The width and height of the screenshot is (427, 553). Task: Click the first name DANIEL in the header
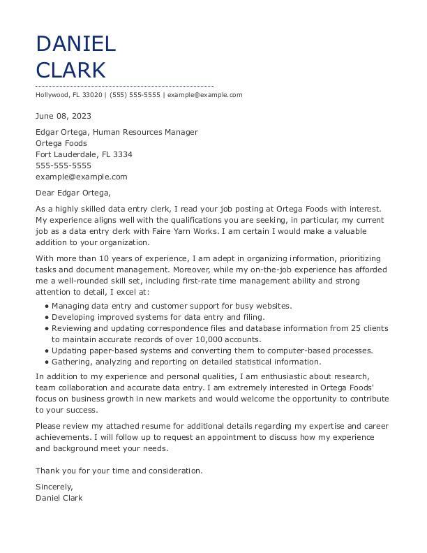(x=75, y=44)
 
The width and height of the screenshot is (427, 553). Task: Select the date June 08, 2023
(x=63, y=116)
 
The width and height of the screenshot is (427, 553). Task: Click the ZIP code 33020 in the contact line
(x=93, y=95)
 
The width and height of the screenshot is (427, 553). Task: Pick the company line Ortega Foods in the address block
(x=61, y=143)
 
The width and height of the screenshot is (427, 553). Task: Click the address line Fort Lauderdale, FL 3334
(x=84, y=154)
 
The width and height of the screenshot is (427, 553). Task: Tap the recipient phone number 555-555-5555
(x=63, y=165)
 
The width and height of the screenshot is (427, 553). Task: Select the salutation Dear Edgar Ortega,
(x=73, y=193)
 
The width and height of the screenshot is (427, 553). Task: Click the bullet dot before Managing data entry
(x=47, y=306)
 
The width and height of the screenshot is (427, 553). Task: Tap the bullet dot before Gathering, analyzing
(x=47, y=362)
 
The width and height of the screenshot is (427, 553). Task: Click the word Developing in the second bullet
(x=73, y=317)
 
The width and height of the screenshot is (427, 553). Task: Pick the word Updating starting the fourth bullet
(x=69, y=351)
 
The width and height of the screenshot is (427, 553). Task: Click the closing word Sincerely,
(x=54, y=487)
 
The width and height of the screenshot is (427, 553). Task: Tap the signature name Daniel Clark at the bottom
(x=59, y=498)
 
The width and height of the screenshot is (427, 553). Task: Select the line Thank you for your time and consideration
(x=119, y=471)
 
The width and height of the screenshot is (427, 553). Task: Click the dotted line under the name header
(x=124, y=86)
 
